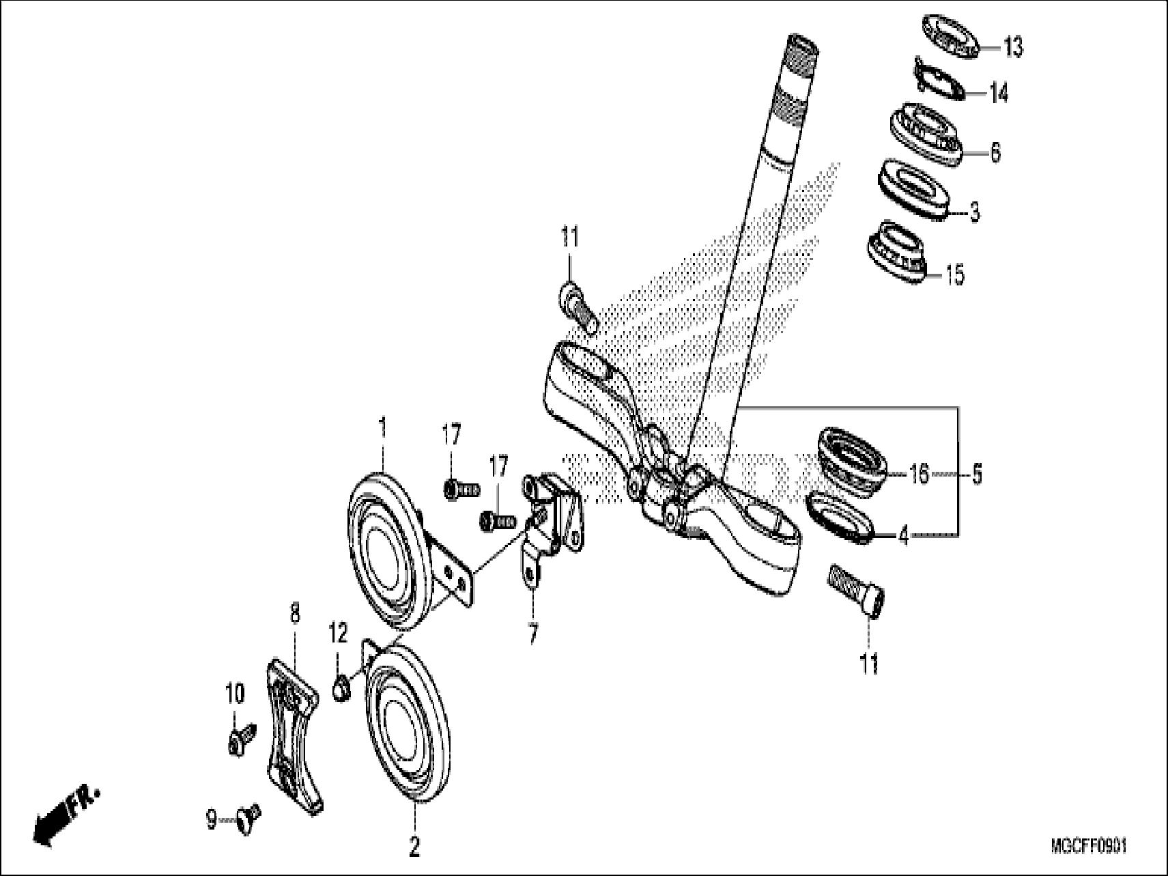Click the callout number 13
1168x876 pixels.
click(x=1013, y=48)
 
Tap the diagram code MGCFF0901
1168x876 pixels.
click(x=1088, y=847)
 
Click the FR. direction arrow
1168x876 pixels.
click(x=65, y=817)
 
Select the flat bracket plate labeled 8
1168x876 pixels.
click(x=292, y=737)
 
